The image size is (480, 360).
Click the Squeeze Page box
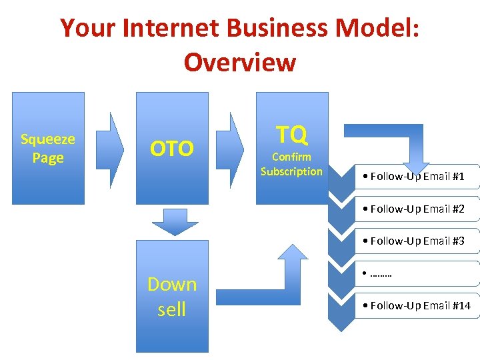click(48, 148)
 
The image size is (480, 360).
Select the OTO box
click(172, 148)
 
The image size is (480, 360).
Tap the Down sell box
click(172, 297)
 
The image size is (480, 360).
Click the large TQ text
click(292, 135)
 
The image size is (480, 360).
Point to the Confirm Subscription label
click(291, 165)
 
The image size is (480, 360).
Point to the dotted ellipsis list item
click(380, 273)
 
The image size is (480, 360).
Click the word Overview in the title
click(240, 62)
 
